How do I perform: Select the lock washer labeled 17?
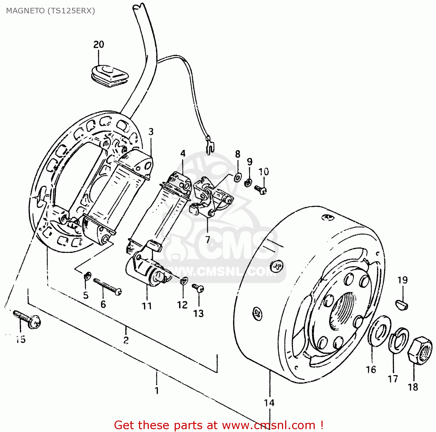(x=399, y=340)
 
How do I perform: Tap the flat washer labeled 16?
(x=379, y=331)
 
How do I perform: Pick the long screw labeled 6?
(x=107, y=286)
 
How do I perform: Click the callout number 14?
(x=269, y=403)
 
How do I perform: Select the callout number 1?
(x=157, y=390)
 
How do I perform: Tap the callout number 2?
(x=126, y=340)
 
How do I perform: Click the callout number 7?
(x=208, y=239)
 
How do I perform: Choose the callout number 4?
(x=183, y=153)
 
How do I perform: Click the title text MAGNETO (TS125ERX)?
(x=51, y=11)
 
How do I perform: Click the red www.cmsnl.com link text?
(x=269, y=425)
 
